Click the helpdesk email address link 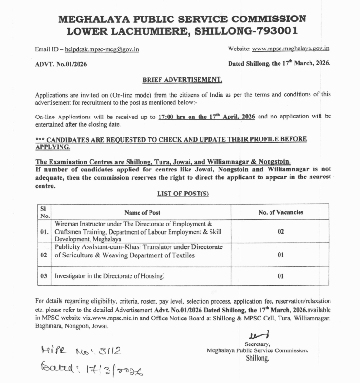click(x=102, y=49)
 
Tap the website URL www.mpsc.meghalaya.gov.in click(x=291, y=48)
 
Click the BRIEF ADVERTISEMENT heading click(x=182, y=79)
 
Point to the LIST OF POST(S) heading click(x=182, y=194)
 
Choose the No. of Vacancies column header click(x=280, y=212)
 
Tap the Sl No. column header click(x=44, y=212)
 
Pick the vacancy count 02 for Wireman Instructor click(x=280, y=231)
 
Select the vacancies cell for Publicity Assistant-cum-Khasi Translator click(x=280, y=255)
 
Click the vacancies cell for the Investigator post click(x=280, y=276)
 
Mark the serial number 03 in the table click(x=44, y=276)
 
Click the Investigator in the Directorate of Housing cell click(x=109, y=276)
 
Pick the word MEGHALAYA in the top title click(x=94, y=19)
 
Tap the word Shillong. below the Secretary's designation click(x=257, y=359)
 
